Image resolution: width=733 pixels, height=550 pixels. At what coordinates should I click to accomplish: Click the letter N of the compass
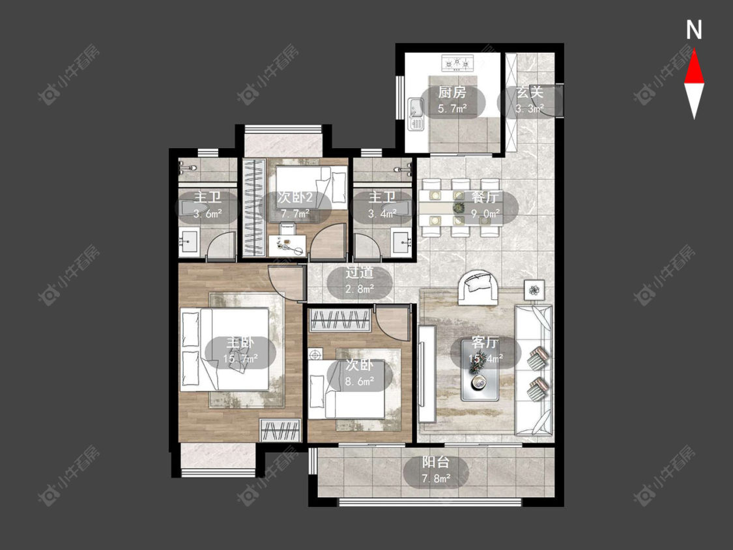[694, 30]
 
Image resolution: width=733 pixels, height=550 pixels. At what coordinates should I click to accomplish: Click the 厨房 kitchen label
[452, 93]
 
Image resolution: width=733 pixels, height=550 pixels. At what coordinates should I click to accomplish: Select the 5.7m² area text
[453, 109]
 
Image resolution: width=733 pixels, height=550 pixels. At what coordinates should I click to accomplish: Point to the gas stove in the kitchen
[458, 62]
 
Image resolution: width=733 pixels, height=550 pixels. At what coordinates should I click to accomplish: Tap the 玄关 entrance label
[530, 93]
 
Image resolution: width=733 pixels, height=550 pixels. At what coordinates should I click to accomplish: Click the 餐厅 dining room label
[485, 197]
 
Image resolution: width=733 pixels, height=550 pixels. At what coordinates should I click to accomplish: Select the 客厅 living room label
[485, 342]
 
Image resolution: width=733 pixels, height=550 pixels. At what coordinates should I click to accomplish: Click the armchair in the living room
[478, 287]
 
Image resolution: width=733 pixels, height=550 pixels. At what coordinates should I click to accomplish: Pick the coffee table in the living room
[480, 370]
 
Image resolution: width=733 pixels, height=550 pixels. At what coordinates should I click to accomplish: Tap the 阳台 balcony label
[436, 462]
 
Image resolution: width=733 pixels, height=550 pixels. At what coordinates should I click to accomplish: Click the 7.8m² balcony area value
[436, 478]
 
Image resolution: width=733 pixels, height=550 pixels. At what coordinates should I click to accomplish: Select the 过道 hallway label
[360, 272]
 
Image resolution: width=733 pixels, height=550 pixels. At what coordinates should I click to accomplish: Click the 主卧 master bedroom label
[240, 342]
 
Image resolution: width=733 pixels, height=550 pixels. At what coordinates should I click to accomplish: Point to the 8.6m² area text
[360, 381]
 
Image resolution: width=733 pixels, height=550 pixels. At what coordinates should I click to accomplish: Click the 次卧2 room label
[295, 197]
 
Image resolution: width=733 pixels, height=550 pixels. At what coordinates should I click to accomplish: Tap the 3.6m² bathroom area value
[208, 214]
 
